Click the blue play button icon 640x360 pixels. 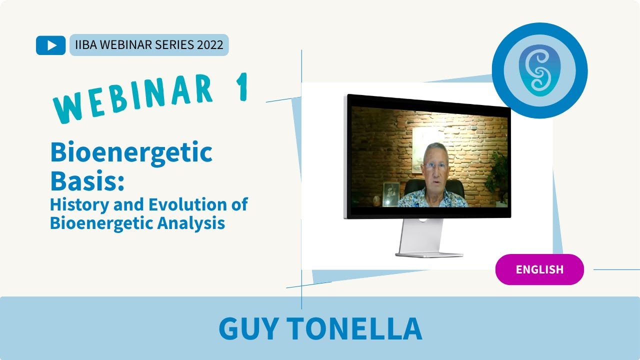click(x=50, y=45)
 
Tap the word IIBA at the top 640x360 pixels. click(x=86, y=45)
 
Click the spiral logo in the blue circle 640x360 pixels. click(x=539, y=70)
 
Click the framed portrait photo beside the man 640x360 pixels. click(x=390, y=194)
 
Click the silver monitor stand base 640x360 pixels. click(x=429, y=254)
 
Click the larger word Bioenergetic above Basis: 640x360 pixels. click(x=131, y=152)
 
